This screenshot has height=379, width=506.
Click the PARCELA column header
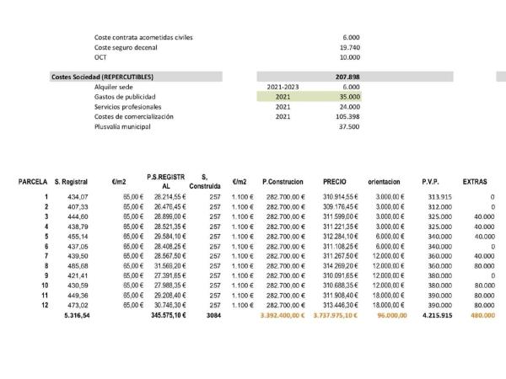coord(33,181)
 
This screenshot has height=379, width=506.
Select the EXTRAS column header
coord(476,181)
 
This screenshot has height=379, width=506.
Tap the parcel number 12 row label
coord(44,305)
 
